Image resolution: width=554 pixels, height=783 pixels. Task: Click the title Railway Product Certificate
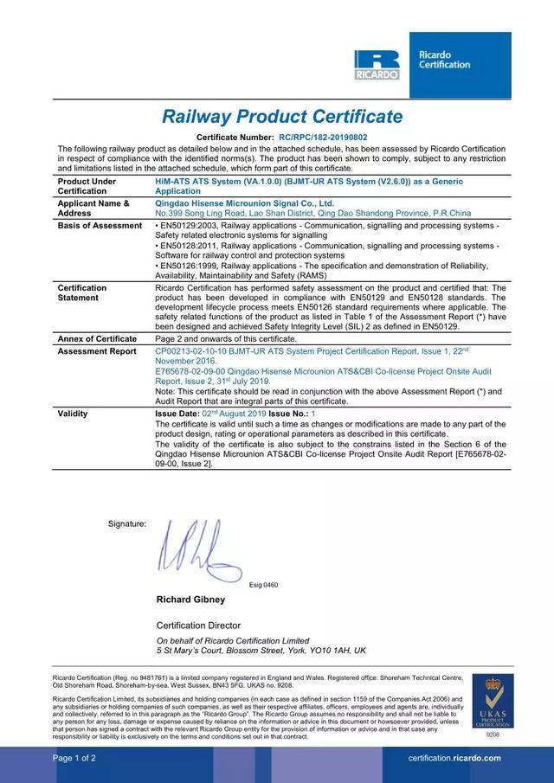click(x=282, y=117)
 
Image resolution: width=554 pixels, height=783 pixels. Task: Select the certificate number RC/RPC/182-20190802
click(x=323, y=138)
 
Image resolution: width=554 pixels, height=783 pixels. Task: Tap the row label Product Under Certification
click(x=87, y=186)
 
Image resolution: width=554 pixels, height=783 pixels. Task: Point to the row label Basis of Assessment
click(x=100, y=226)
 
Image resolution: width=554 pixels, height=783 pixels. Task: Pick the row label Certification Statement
click(x=82, y=292)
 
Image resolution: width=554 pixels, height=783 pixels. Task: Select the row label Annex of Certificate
click(x=97, y=338)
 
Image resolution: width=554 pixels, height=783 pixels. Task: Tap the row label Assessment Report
click(x=97, y=352)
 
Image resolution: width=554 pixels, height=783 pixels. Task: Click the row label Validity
click(x=73, y=414)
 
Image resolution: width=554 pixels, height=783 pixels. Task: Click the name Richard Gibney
click(x=190, y=599)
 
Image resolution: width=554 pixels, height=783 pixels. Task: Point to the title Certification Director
click(x=198, y=625)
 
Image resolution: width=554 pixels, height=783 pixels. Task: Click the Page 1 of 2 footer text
click(x=74, y=758)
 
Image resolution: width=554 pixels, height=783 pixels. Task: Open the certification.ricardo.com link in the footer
click(x=454, y=758)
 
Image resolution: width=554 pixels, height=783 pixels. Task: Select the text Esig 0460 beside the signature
click(x=263, y=585)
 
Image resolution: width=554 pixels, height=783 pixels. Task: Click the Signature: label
click(x=127, y=523)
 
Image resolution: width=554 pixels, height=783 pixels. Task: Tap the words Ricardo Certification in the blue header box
click(x=444, y=60)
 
